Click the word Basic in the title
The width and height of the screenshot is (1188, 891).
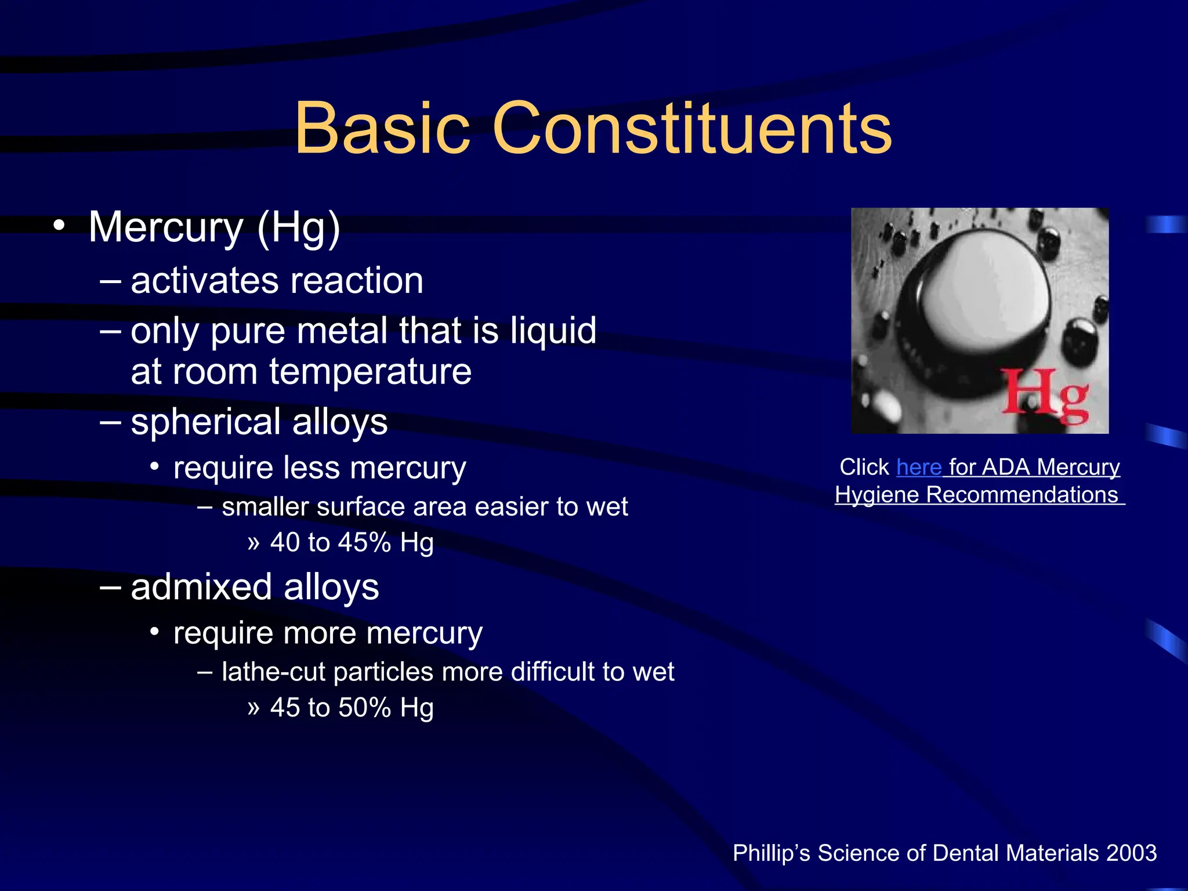[x=382, y=129]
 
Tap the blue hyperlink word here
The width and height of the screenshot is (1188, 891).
[x=919, y=468]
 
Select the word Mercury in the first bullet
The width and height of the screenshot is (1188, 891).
[x=166, y=227]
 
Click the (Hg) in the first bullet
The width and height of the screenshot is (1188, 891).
[x=298, y=227]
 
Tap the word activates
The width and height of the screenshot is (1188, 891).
[x=205, y=281]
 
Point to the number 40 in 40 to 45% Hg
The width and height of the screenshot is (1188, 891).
[x=285, y=543]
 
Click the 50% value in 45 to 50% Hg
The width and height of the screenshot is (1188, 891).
[x=364, y=708]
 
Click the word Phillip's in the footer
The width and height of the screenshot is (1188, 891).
[x=771, y=853]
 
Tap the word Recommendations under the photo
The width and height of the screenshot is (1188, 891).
[x=1022, y=495]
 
